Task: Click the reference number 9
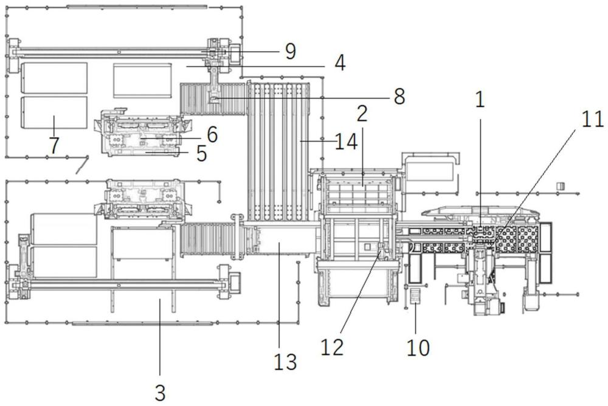(x=291, y=52)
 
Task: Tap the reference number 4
(x=340, y=63)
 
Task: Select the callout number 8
(x=399, y=97)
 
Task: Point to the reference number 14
(x=346, y=142)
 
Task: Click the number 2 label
(x=362, y=114)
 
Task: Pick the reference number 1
(x=480, y=100)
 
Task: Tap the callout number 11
(x=593, y=119)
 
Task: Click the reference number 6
(x=212, y=134)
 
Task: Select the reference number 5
(x=201, y=154)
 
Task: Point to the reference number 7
(x=54, y=146)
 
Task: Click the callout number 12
(x=333, y=347)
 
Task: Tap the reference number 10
(x=418, y=348)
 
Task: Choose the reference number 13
(x=285, y=362)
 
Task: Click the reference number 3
(x=160, y=393)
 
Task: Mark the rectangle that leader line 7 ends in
(x=54, y=112)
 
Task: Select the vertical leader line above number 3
(x=159, y=337)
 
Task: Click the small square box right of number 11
(x=561, y=186)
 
